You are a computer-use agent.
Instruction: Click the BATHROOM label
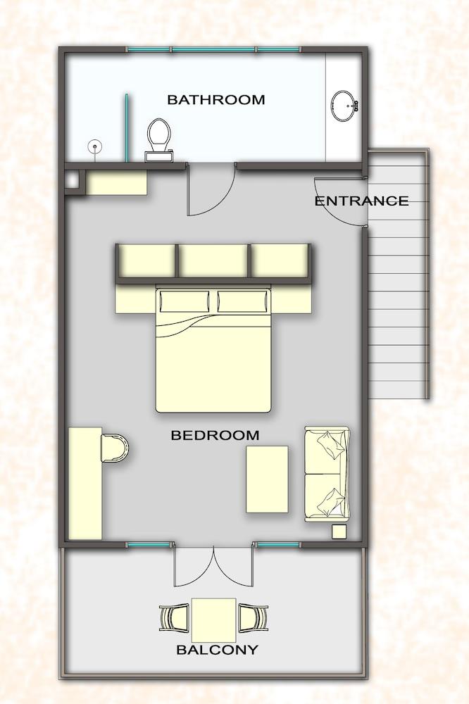(215, 99)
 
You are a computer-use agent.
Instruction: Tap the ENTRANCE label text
(361, 201)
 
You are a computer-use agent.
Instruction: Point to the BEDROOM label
(215, 435)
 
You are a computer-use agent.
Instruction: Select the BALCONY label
(217, 649)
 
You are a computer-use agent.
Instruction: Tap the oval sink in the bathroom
(344, 106)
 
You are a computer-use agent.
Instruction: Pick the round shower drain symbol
(95, 147)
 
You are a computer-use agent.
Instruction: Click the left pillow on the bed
(185, 301)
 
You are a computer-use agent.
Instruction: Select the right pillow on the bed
(242, 301)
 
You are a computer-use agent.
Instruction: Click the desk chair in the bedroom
(115, 448)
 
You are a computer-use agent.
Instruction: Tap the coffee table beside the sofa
(267, 479)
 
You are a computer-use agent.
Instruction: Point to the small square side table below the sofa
(339, 532)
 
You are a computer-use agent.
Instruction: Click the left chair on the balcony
(174, 618)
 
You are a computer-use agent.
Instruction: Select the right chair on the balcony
(254, 618)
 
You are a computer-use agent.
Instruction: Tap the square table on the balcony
(214, 620)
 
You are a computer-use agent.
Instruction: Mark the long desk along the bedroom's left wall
(85, 483)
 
